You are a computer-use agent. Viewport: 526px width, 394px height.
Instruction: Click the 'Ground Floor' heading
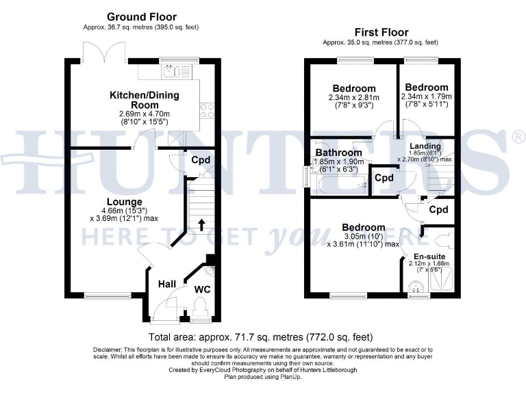(x=142, y=17)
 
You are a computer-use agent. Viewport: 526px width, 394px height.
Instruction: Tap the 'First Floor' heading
(x=381, y=32)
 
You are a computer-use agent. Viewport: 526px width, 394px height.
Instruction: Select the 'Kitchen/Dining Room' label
(x=145, y=100)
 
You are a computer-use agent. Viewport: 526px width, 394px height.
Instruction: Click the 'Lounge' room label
(x=124, y=202)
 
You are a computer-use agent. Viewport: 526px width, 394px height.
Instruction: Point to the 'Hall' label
(x=167, y=284)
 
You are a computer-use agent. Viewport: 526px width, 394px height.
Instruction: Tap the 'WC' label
(x=203, y=289)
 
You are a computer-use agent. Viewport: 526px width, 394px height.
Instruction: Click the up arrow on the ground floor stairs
(x=202, y=224)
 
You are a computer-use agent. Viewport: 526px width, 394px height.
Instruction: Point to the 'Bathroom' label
(x=338, y=152)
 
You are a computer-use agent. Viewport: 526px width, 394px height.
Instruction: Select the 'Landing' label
(x=425, y=146)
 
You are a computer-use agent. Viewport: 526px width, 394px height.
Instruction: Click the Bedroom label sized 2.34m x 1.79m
(x=426, y=88)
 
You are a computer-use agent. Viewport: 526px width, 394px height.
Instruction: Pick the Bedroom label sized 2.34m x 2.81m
(x=354, y=89)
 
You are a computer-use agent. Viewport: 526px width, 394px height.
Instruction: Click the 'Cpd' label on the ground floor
(x=200, y=161)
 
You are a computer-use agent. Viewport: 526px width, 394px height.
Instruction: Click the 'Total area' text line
(x=261, y=337)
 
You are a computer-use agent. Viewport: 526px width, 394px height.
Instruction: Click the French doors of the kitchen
(x=95, y=51)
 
